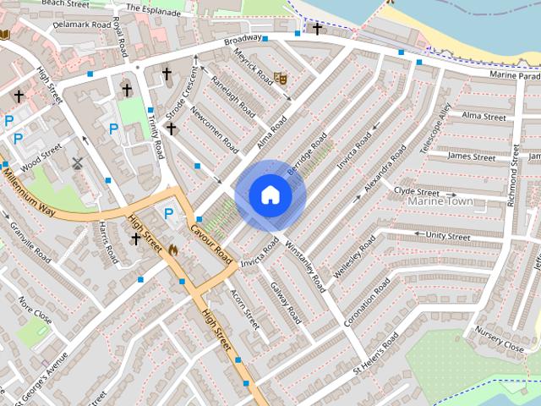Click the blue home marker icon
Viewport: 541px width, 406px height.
[x=270, y=195]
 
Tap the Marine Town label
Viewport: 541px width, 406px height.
[x=440, y=201]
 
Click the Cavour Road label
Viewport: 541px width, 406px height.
[x=211, y=243]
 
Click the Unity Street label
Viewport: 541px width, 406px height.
[x=448, y=236]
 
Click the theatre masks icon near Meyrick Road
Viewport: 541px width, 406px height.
[x=280, y=78]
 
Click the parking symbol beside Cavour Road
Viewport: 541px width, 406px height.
[x=167, y=214]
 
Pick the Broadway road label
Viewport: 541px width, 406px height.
[x=243, y=41]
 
